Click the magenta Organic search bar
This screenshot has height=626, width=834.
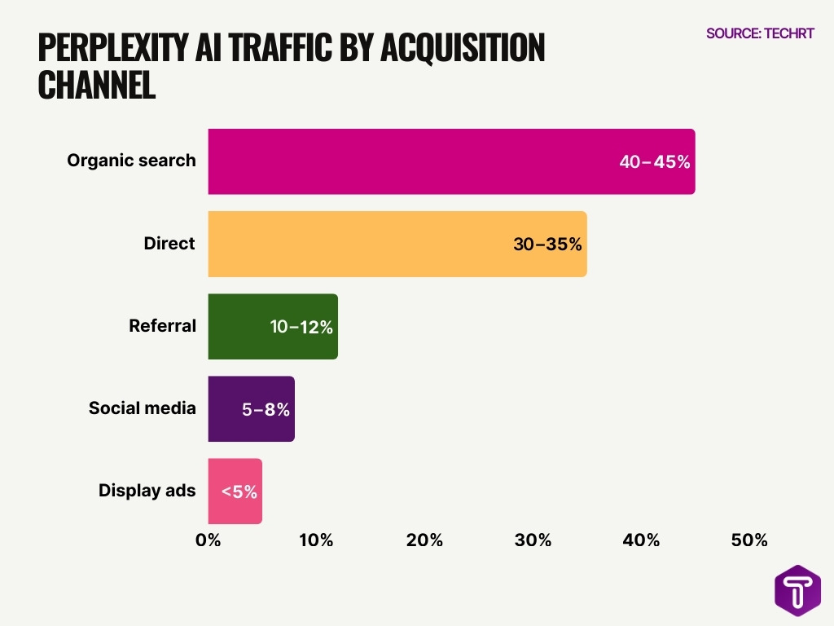tap(407, 161)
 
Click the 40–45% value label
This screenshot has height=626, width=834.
tap(655, 161)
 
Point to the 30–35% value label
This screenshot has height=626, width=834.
tap(547, 244)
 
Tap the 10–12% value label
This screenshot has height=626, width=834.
tap(301, 327)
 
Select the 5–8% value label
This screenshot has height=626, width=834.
tap(266, 409)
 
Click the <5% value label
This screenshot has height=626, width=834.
tap(239, 492)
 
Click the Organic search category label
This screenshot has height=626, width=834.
tap(131, 161)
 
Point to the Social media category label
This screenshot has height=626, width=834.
tap(142, 408)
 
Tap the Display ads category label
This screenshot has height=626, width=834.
tap(147, 491)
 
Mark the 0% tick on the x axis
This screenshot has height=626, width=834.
tap(208, 540)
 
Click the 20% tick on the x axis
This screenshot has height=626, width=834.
tap(424, 540)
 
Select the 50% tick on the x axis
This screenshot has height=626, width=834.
tap(749, 540)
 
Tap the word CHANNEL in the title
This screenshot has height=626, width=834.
tap(96, 86)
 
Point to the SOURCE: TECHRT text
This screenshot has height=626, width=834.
tap(760, 34)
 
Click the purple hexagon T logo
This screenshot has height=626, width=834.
tap(797, 590)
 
